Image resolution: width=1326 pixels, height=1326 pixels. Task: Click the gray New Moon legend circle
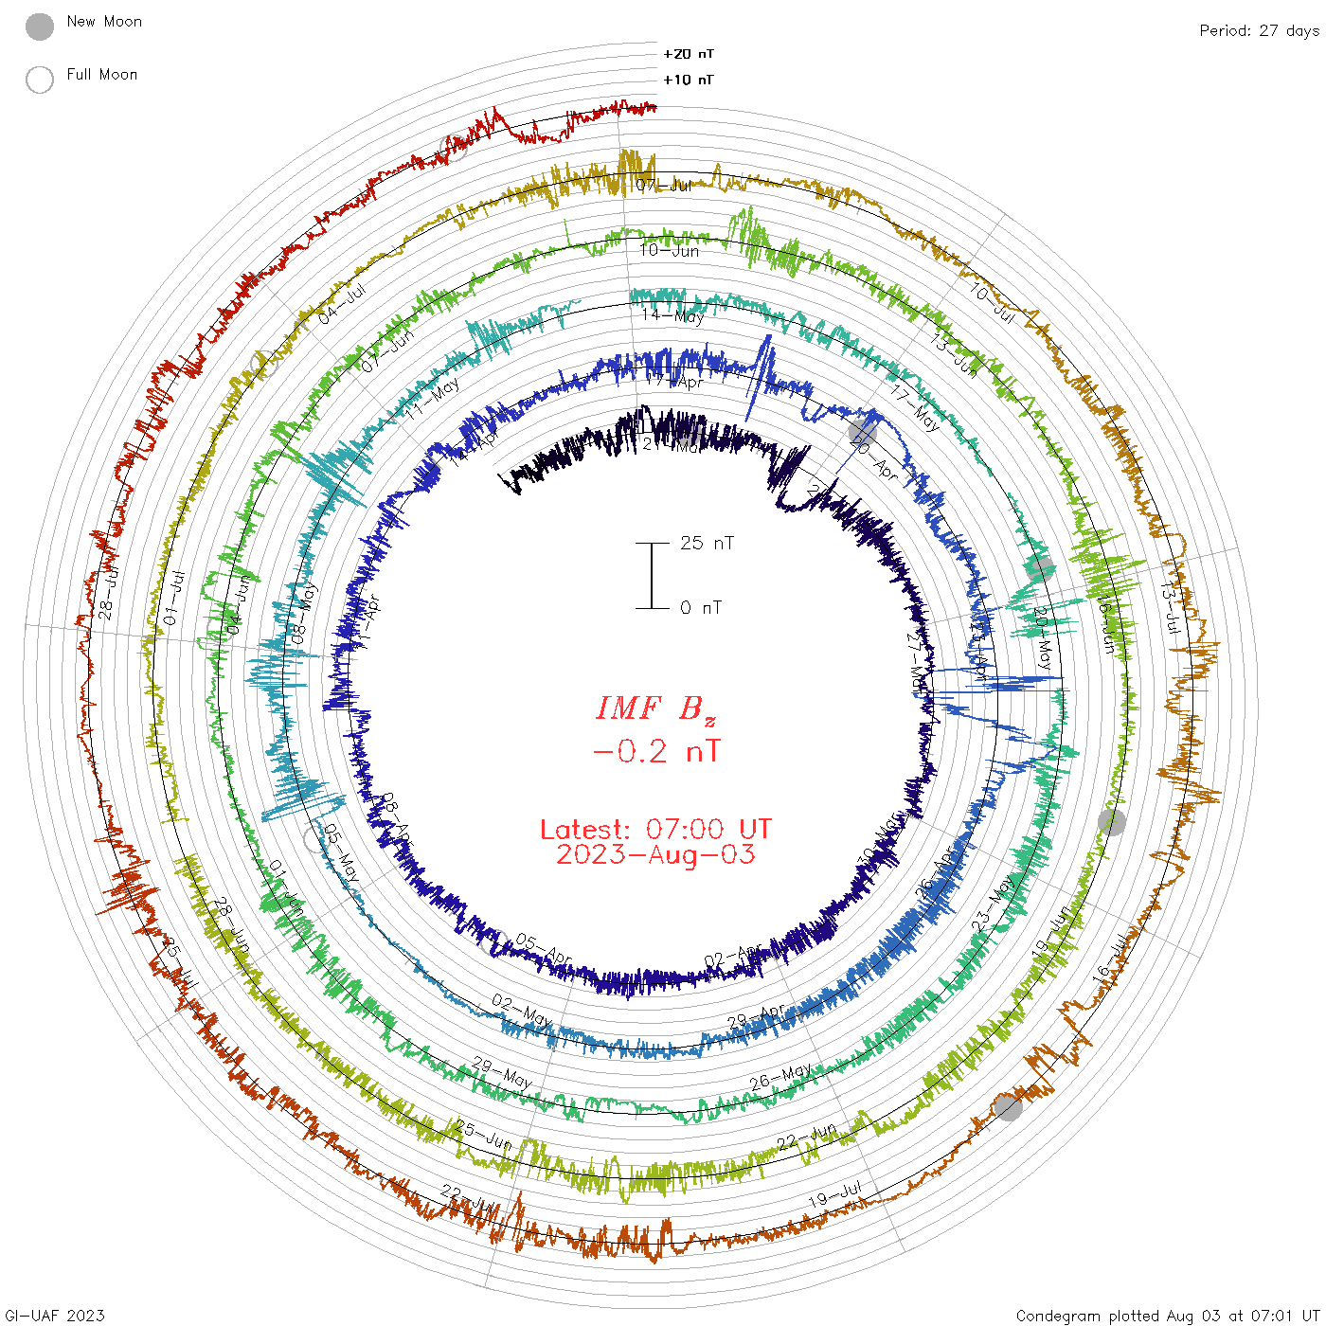point(40,27)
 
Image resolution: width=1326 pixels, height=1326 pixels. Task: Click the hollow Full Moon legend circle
point(40,80)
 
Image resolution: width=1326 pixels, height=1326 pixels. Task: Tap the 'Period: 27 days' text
point(1259,30)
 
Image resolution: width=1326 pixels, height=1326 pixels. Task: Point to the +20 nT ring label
point(689,54)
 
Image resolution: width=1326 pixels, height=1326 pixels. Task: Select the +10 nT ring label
point(689,80)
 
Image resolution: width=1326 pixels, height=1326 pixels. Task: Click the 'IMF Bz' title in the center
point(654,708)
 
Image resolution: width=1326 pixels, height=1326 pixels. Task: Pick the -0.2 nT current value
point(655,752)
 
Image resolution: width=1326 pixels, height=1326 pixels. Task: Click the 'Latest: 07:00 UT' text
point(655,830)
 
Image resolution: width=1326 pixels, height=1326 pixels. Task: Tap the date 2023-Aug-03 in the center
point(655,855)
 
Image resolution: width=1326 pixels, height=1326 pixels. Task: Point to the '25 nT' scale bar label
point(707,544)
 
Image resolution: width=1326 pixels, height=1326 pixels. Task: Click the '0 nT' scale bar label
point(701,608)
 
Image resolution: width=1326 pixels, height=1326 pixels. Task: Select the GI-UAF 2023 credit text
point(55,1316)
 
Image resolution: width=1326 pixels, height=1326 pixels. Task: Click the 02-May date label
point(522,1010)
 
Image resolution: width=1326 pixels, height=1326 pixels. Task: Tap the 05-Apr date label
point(544,950)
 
